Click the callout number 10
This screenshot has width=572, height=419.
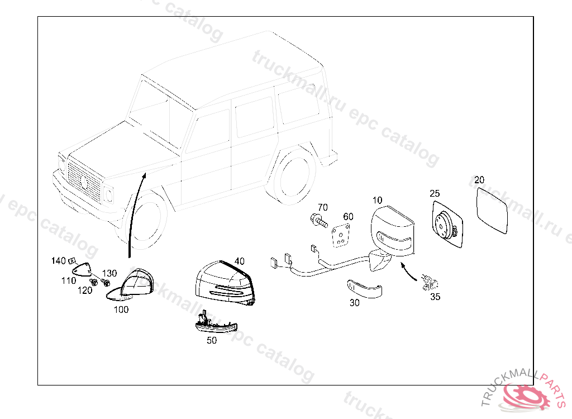(x=378, y=200)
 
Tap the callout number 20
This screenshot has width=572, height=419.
(x=479, y=180)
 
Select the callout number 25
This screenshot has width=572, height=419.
(x=435, y=193)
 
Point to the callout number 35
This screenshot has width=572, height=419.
(x=435, y=297)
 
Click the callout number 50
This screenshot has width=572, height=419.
(x=212, y=340)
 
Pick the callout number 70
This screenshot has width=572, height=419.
(x=323, y=208)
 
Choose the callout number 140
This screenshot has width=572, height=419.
(x=58, y=261)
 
